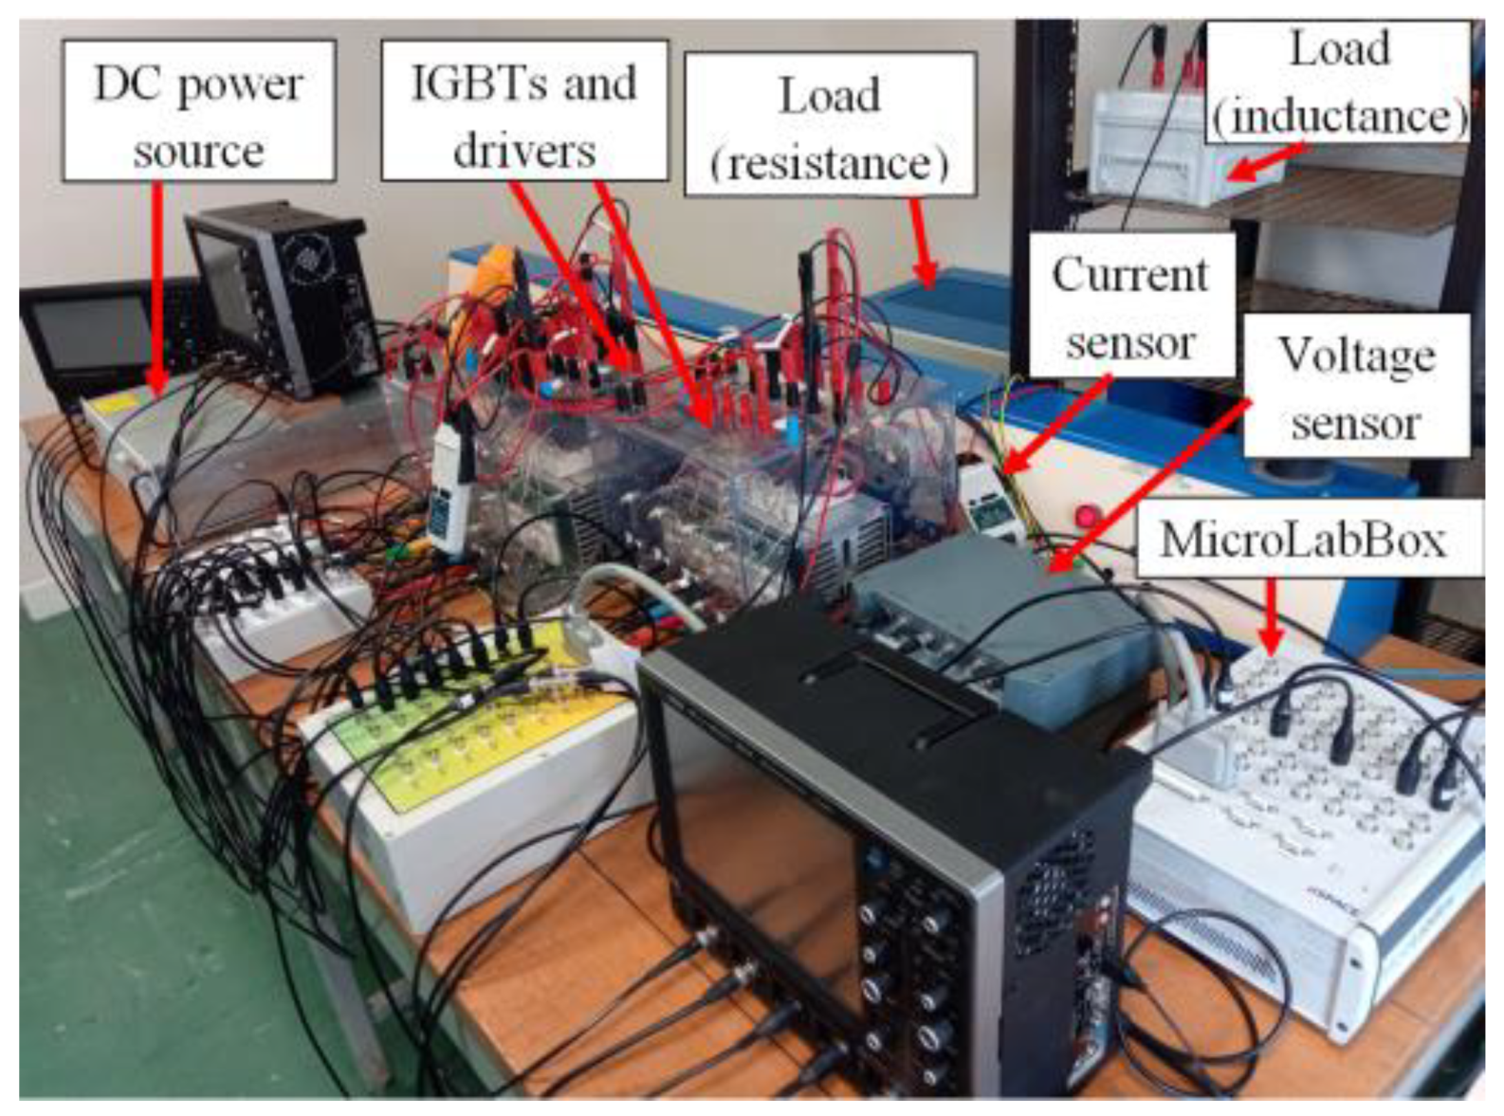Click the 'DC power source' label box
tap(198, 111)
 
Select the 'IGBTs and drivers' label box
tap(524, 111)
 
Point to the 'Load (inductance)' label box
tap(1339, 83)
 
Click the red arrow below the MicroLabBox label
tap(1273, 616)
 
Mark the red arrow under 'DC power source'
tap(156, 284)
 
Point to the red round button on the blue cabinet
tap(1087, 517)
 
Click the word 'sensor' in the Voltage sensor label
tap(1356, 422)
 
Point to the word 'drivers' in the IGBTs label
tap(524, 150)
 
